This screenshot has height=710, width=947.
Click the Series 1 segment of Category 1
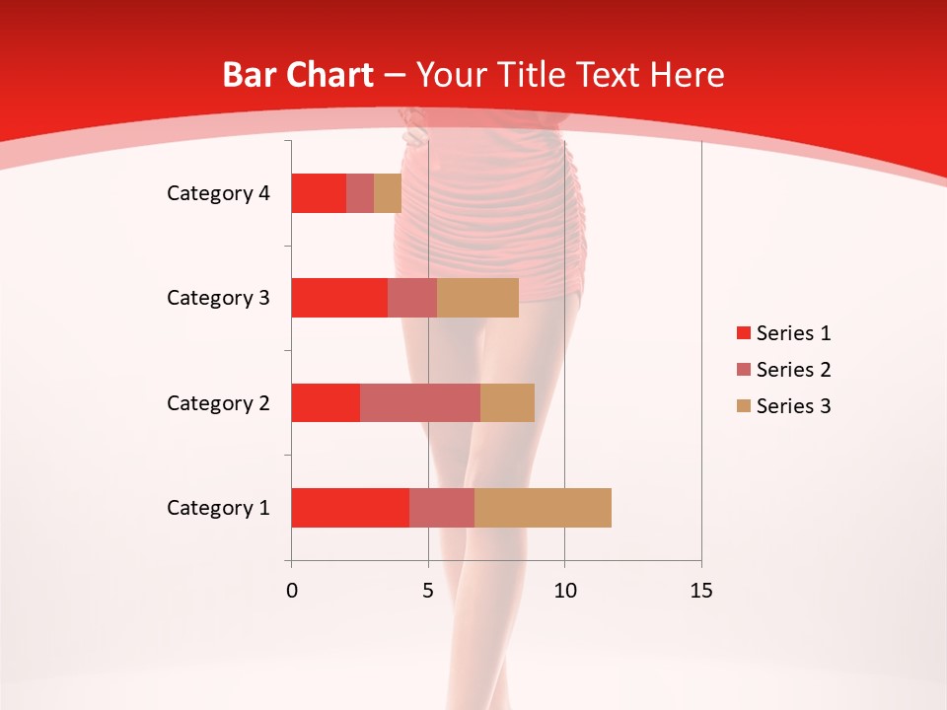[350, 508]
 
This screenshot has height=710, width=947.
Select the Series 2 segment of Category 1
[442, 508]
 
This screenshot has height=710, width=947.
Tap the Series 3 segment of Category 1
[543, 508]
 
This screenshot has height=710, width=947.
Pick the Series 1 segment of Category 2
[326, 402]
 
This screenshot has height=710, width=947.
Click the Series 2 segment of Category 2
[420, 402]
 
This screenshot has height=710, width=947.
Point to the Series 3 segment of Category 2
[507, 402]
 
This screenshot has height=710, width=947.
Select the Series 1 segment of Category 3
[339, 298]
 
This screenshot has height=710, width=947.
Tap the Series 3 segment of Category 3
[477, 298]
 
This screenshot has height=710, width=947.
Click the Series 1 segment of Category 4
[319, 193]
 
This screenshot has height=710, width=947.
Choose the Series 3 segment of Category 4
[388, 193]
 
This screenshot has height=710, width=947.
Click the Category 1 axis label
[218, 508]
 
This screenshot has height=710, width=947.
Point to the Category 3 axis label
[218, 298]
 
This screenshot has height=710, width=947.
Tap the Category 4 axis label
[218, 193]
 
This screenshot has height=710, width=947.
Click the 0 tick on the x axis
[291, 591]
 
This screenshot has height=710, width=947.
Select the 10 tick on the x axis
[564, 591]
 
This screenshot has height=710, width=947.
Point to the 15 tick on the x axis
[700, 591]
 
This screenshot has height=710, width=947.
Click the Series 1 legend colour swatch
[743, 333]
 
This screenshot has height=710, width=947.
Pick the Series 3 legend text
[793, 406]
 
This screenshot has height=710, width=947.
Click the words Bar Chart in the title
[298, 75]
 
